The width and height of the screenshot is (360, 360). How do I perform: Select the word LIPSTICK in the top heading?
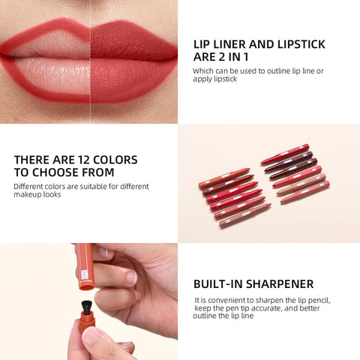point(298,44)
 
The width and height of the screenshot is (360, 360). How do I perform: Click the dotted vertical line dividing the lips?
point(91,60)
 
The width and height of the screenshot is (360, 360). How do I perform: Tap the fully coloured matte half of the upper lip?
point(131,41)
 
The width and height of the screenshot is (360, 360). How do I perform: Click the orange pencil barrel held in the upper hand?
point(84,266)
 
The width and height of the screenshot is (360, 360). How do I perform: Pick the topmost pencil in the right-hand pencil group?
point(284,154)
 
